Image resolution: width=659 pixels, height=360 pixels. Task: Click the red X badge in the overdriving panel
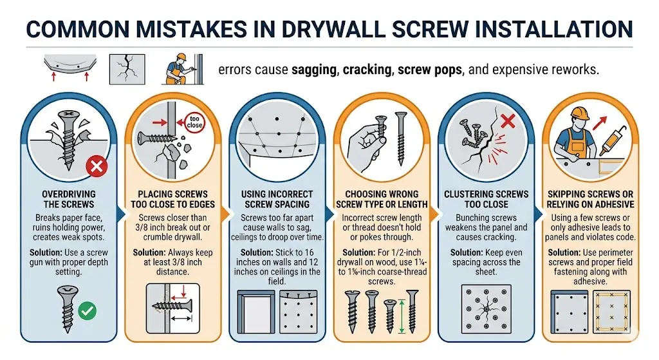(97, 169)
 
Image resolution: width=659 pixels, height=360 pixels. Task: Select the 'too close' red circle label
(194, 121)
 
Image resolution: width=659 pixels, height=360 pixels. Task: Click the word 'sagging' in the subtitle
(313, 70)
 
